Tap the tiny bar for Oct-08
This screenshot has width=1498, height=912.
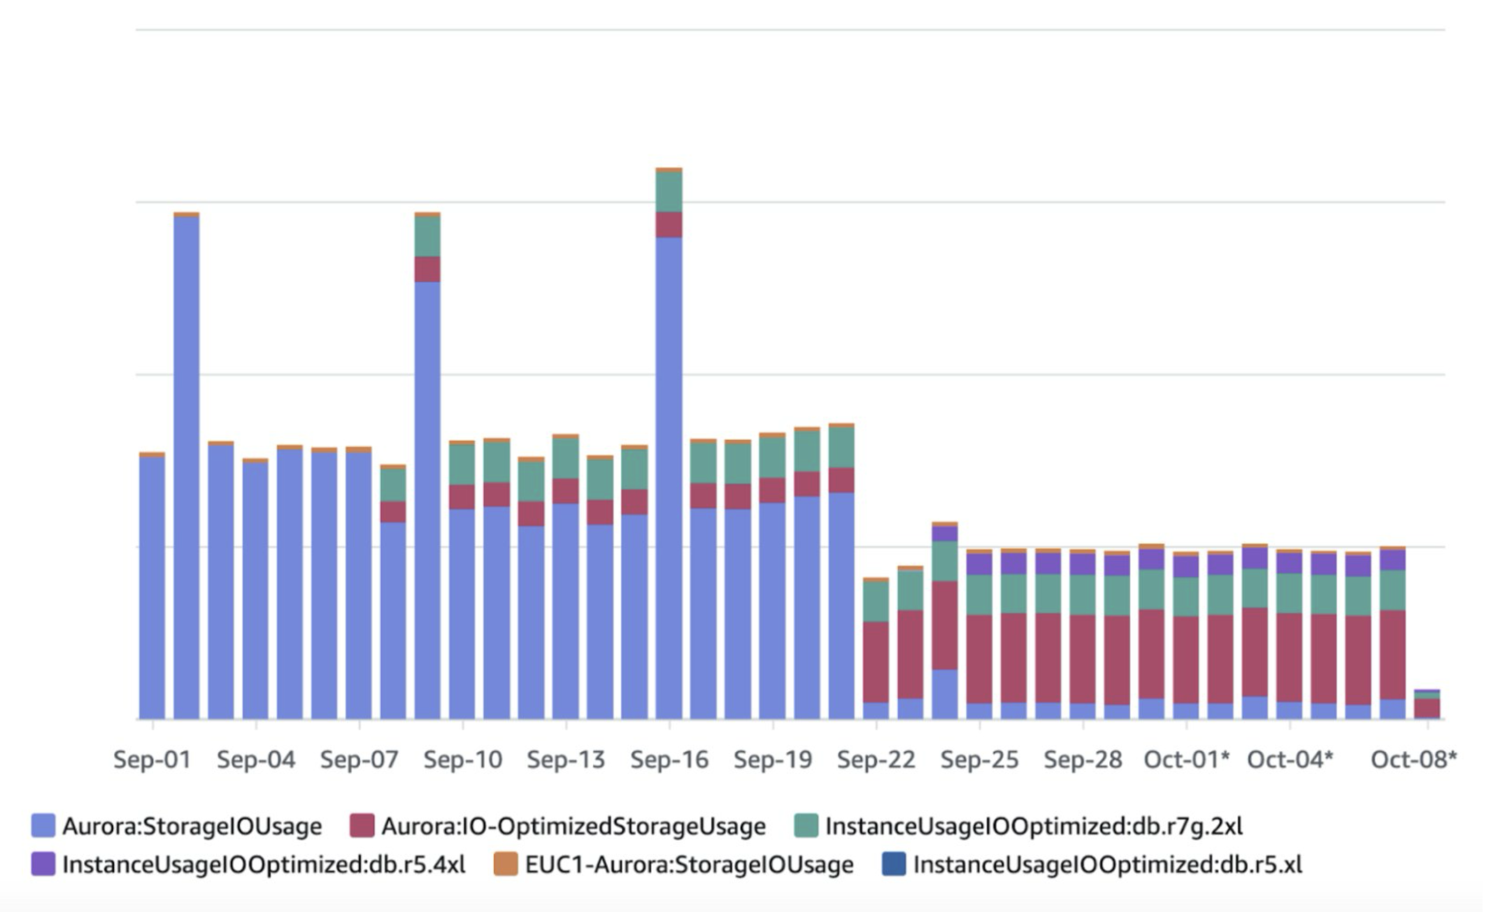coord(1427,706)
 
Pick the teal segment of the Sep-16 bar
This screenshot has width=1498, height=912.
coord(669,192)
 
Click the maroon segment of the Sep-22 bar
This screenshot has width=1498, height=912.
coord(876,662)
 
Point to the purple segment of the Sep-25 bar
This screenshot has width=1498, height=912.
coord(979,564)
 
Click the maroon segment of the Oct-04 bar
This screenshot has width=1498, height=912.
coord(1289,657)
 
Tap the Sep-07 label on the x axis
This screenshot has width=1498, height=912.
coord(359,760)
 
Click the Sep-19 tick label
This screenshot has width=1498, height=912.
coord(773,760)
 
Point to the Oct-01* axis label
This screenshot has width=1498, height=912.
coord(1186,760)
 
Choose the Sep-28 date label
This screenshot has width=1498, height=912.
coord(1083,760)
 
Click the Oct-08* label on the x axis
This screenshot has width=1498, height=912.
coord(1413,760)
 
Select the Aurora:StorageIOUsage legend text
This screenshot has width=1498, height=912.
coord(192,827)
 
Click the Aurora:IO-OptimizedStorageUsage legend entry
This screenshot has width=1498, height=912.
coord(573,827)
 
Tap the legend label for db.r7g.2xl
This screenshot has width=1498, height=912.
coord(1034,827)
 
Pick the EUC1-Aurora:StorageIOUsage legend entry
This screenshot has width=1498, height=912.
coord(689,865)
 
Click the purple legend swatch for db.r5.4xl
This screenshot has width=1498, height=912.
coord(43,864)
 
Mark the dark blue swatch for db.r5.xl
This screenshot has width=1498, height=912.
coord(894,864)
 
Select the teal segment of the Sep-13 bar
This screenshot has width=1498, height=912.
coord(565,458)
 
